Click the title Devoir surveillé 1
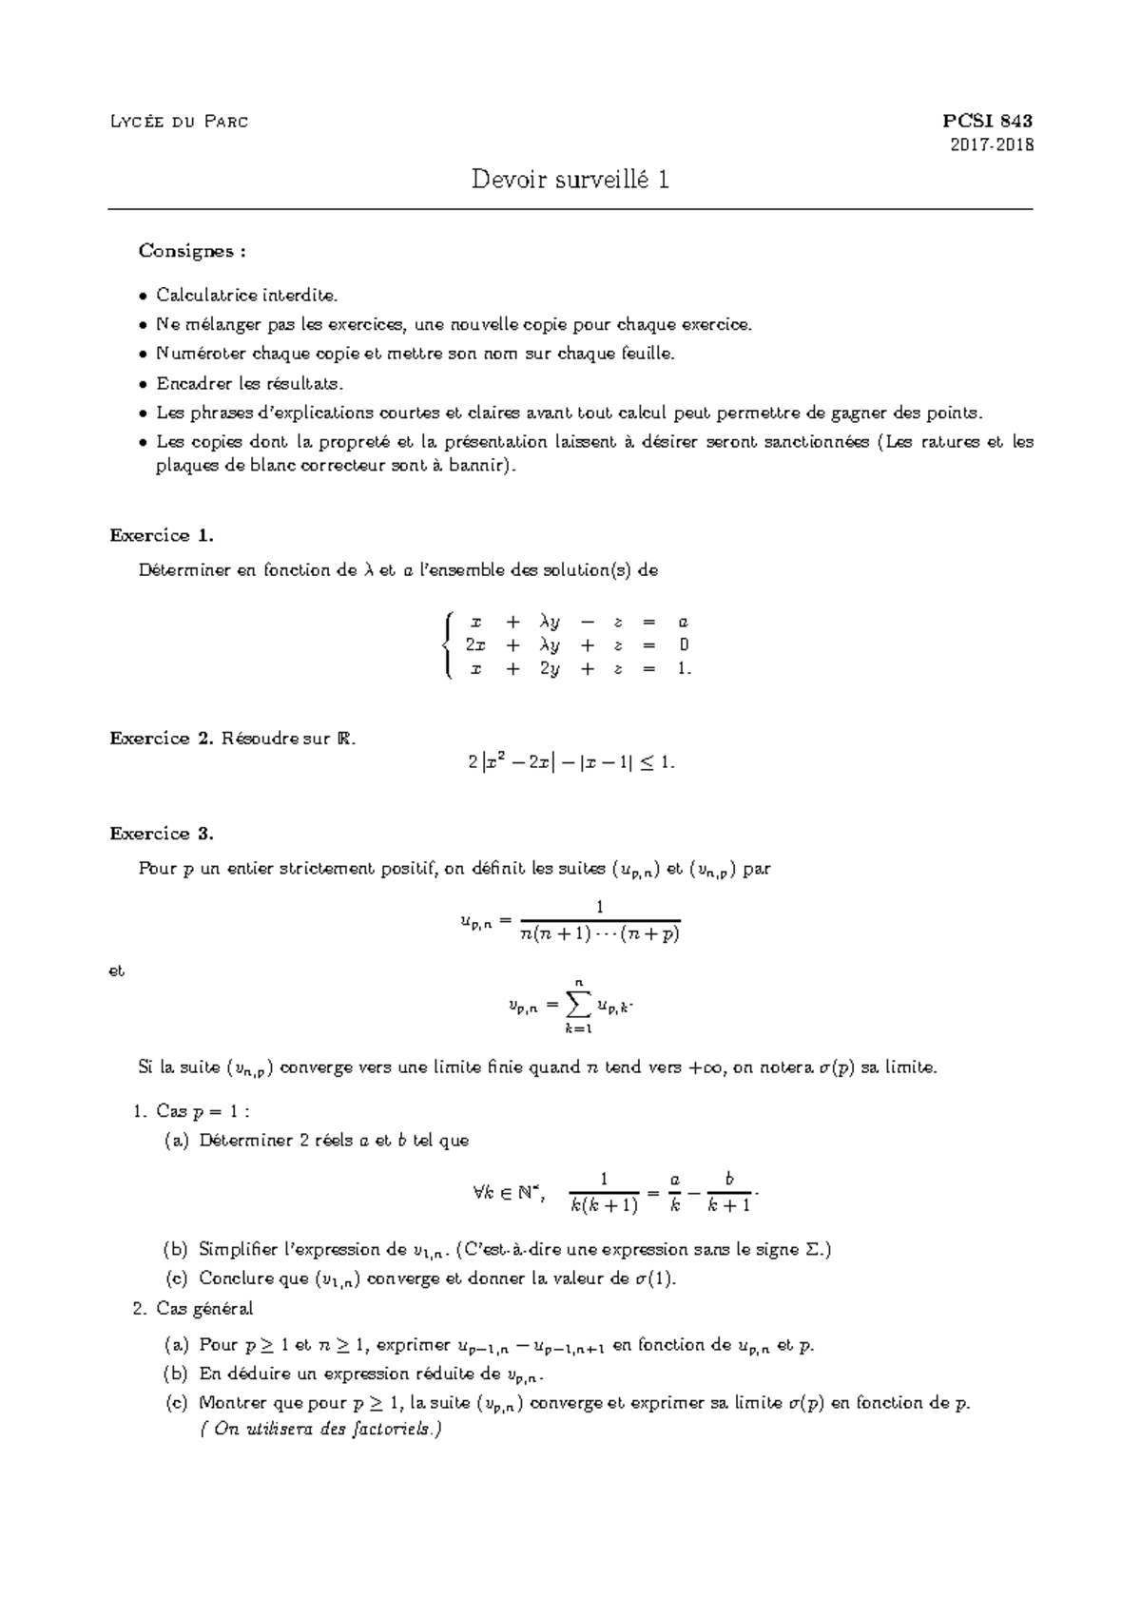pos(570,179)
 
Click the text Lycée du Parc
pos(179,122)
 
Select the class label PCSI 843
pos(986,121)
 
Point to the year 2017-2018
pos(992,145)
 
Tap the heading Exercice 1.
pos(162,535)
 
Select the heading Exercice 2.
pos(162,739)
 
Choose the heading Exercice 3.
pos(162,834)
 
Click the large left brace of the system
pos(448,645)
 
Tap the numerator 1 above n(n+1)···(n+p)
pos(600,907)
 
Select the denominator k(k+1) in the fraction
pos(604,1205)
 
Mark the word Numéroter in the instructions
pos(196,354)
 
